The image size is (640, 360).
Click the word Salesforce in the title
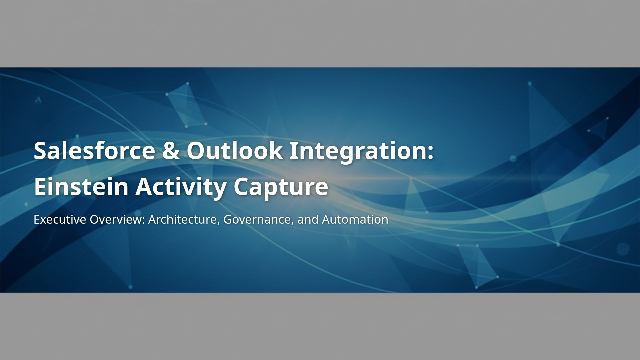click(x=94, y=150)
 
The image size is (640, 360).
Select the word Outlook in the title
click(x=235, y=150)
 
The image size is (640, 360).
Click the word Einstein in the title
click(x=81, y=187)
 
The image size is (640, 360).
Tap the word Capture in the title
click(x=281, y=187)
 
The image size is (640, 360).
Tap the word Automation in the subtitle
click(x=355, y=220)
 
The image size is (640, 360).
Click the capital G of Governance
click(x=228, y=220)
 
